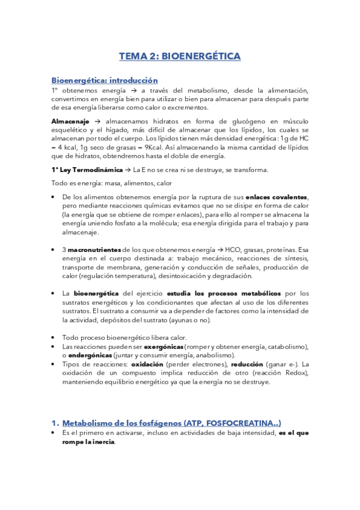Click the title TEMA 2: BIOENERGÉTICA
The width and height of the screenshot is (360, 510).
coord(180,57)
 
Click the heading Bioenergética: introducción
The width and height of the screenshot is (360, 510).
coord(105,79)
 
